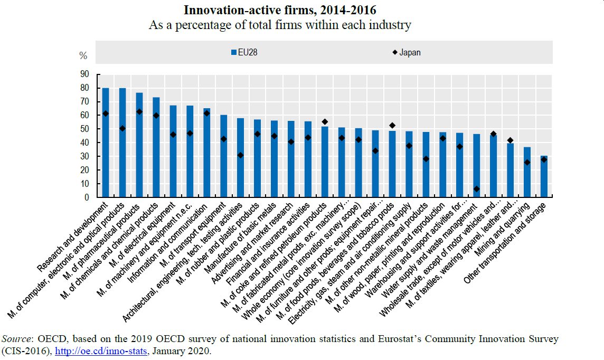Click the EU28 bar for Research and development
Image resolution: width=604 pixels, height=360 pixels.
pyautogui.click(x=106, y=143)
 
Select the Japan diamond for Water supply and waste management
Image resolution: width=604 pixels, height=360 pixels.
pyautogui.click(x=476, y=189)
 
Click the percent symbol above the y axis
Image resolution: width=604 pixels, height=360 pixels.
pyautogui.click(x=83, y=55)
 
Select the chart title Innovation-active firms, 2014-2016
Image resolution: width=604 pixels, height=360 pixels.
pyautogui.click(x=280, y=10)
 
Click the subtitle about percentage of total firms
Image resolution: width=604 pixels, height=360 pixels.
pyautogui.click(x=280, y=25)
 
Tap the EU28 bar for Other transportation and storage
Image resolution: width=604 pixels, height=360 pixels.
pyautogui.click(x=544, y=177)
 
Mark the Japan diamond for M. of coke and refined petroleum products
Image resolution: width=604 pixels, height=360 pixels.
pyautogui.click(x=325, y=122)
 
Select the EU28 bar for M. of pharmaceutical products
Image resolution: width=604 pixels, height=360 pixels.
pyautogui.click(x=139, y=145)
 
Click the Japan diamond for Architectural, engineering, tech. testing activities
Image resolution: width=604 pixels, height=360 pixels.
pyautogui.click(x=240, y=155)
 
